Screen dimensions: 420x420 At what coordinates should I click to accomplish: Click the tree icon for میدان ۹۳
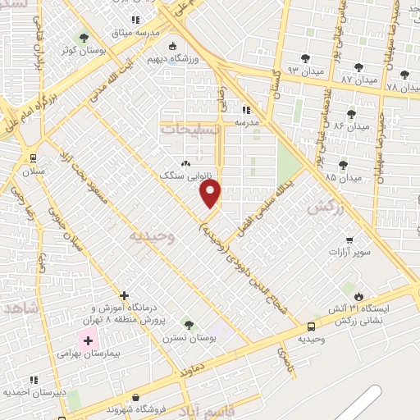[x=305, y=58]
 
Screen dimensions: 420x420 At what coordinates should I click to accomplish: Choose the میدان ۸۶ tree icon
[x=352, y=114]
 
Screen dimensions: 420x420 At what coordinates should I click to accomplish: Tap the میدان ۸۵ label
[x=342, y=177]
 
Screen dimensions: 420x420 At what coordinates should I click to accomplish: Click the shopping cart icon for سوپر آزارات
[x=350, y=241]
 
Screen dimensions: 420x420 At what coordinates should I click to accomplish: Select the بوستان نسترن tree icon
[x=189, y=325]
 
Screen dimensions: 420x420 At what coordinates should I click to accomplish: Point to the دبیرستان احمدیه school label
[x=34, y=392]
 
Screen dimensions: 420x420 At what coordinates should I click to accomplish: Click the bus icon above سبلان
[x=33, y=157]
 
